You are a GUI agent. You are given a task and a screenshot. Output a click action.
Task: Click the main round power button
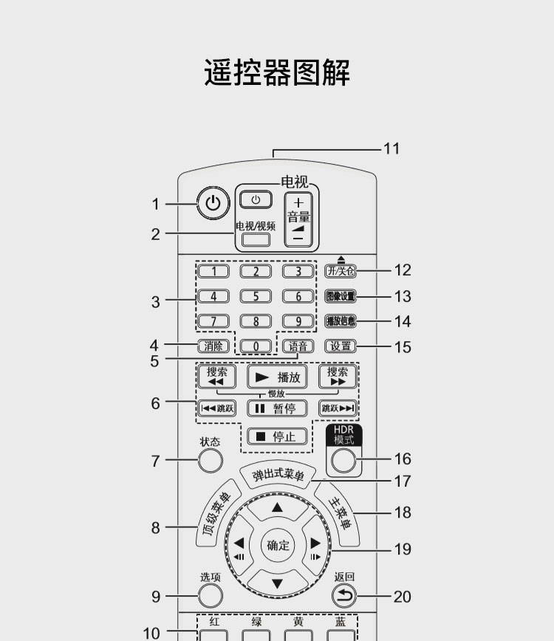tap(213, 204)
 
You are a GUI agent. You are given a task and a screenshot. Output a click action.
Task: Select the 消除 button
tap(213, 346)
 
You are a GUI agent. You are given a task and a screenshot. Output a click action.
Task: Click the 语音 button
tap(298, 346)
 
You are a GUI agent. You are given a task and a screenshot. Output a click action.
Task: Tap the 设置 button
tap(341, 346)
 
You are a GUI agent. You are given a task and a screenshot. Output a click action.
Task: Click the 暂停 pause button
tap(276, 408)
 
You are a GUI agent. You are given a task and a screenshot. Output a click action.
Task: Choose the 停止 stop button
tap(276, 436)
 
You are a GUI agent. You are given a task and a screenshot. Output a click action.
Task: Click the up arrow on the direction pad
tap(277, 508)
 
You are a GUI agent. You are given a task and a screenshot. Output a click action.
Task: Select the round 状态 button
tap(211, 461)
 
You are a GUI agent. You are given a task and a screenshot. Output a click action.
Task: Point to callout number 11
tap(391, 149)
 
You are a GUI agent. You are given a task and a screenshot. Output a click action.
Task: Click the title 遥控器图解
tap(277, 73)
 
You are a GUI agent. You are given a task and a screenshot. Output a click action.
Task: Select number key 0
tap(256, 346)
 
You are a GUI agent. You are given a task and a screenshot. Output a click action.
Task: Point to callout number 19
tap(403, 549)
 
